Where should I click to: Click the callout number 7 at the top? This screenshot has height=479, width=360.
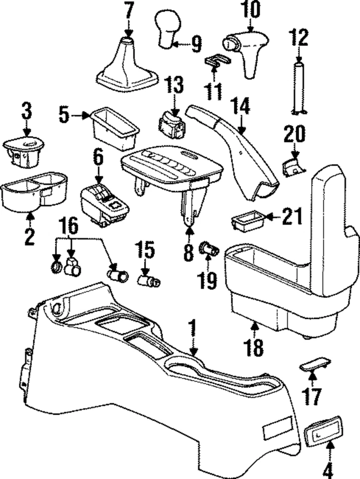pos(129,9)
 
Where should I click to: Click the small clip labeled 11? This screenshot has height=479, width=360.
pos(217,61)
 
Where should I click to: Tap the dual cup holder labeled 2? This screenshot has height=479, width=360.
pos(32,193)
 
